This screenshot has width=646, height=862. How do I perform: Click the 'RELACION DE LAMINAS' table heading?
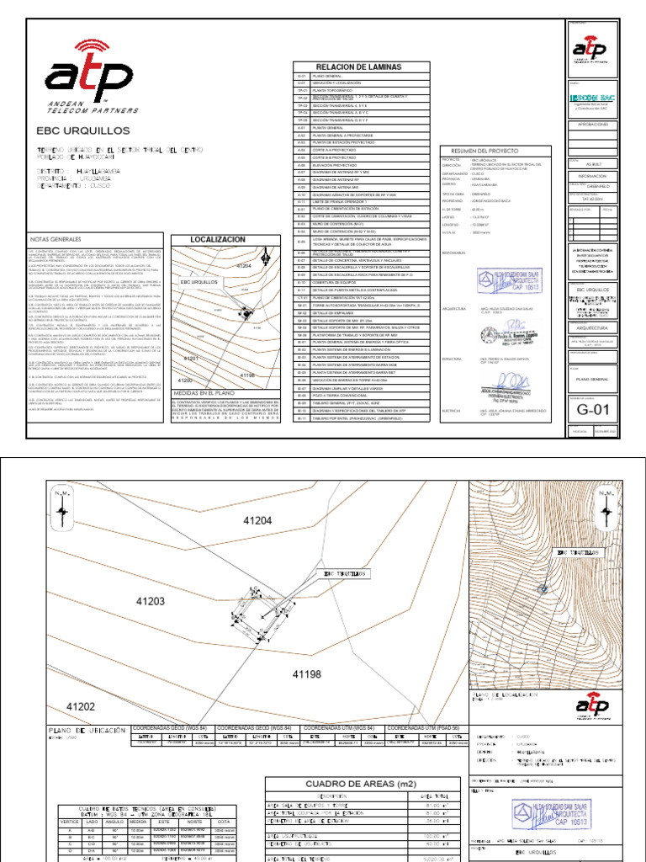(360, 67)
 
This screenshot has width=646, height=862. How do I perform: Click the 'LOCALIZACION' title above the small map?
(218, 240)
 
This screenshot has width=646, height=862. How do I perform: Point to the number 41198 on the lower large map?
(307, 674)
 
